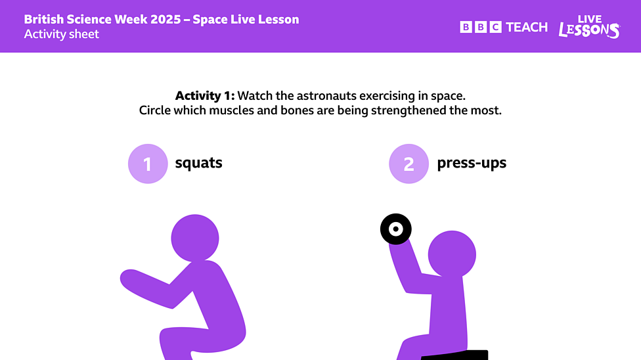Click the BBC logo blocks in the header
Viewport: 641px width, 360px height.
[x=481, y=27]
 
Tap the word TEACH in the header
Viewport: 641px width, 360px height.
[x=527, y=27]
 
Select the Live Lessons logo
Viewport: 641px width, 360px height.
[x=589, y=27]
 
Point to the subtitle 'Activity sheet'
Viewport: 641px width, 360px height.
[x=61, y=34]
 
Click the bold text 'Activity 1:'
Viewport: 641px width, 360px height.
[x=204, y=95]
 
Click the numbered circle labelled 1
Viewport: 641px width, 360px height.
[x=148, y=164]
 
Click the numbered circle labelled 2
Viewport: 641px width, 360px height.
[x=409, y=164]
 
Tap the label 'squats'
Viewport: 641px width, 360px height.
[x=198, y=163]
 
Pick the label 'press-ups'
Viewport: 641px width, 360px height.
[x=472, y=163]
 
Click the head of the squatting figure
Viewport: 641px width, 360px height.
[x=195, y=238]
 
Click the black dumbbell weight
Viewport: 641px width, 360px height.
[x=396, y=229]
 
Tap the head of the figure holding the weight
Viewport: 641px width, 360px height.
[x=452, y=254]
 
